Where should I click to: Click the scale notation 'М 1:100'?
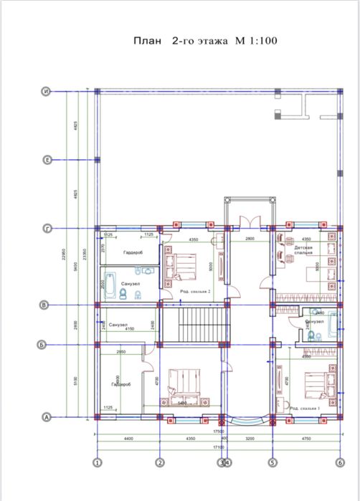pyautogui.click(x=252, y=42)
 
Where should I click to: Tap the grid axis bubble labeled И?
pyautogui.click(x=46, y=91)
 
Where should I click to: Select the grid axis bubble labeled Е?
pyautogui.click(x=46, y=159)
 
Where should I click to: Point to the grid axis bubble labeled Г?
pyautogui.click(x=46, y=229)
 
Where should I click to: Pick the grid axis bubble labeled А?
pyautogui.click(x=46, y=416)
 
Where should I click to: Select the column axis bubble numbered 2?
pyautogui.click(x=159, y=462)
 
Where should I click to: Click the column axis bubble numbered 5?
pyautogui.click(x=272, y=462)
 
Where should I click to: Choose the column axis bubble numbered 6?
pyautogui.click(x=338, y=462)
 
